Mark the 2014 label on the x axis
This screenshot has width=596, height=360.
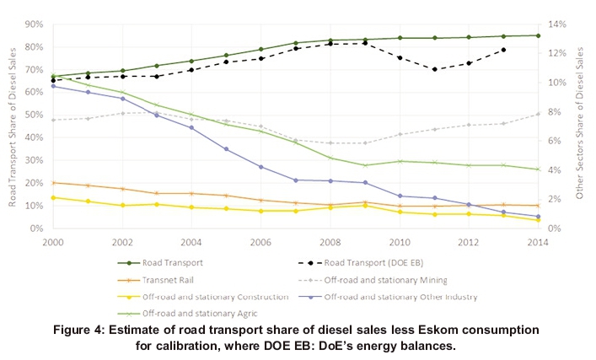(x=536, y=240)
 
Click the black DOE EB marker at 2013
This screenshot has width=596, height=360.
(x=503, y=50)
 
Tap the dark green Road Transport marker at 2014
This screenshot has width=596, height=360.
(x=537, y=35)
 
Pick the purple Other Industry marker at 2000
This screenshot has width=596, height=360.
(x=53, y=86)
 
